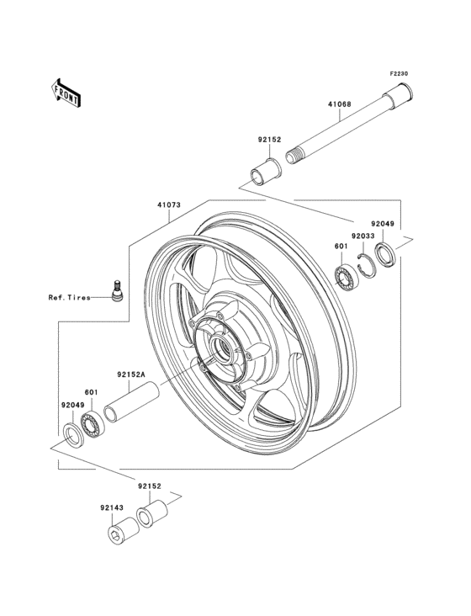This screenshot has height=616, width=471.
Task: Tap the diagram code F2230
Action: coord(398,73)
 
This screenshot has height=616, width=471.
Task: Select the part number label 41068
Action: coord(339,106)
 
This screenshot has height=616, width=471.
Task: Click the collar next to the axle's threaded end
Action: coord(265,168)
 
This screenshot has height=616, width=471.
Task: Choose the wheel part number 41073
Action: coord(168,204)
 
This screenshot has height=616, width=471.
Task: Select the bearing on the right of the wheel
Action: coord(345,276)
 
